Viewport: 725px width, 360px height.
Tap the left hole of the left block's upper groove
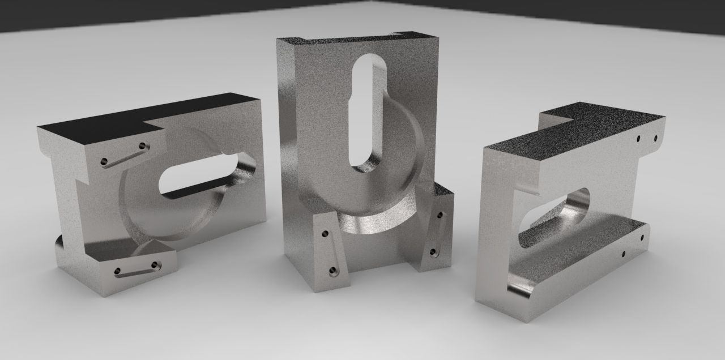pyautogui.click(x=104, y=162)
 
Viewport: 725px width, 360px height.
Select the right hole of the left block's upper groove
pyautogui.click(x=142, y=147)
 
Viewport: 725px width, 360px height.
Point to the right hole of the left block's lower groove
pyautogui.click(x=155, y=264)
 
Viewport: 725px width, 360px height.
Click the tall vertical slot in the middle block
pyautogui.click(x=367, y=113)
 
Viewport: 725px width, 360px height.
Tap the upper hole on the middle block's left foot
pyautogui.click(x=325, y=233)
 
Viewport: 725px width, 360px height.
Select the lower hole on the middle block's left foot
pyautogui.click(x=333, y=271)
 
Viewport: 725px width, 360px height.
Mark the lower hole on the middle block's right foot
pyautogui.click(x=433, y=251)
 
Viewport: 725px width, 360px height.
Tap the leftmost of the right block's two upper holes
pyautogui.click(x=638, y=138)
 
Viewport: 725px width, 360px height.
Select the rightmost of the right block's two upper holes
pyautogui.click(x=656, y=138)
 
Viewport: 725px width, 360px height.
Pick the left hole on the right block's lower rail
pyautogui.click(x=624, y=254)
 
